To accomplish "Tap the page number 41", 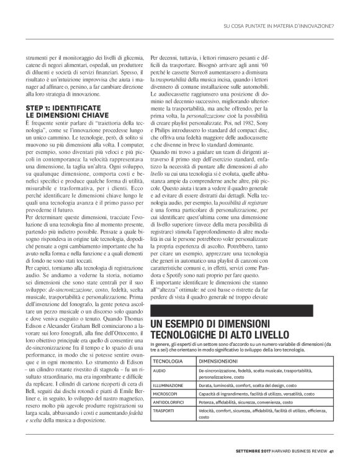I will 333,451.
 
